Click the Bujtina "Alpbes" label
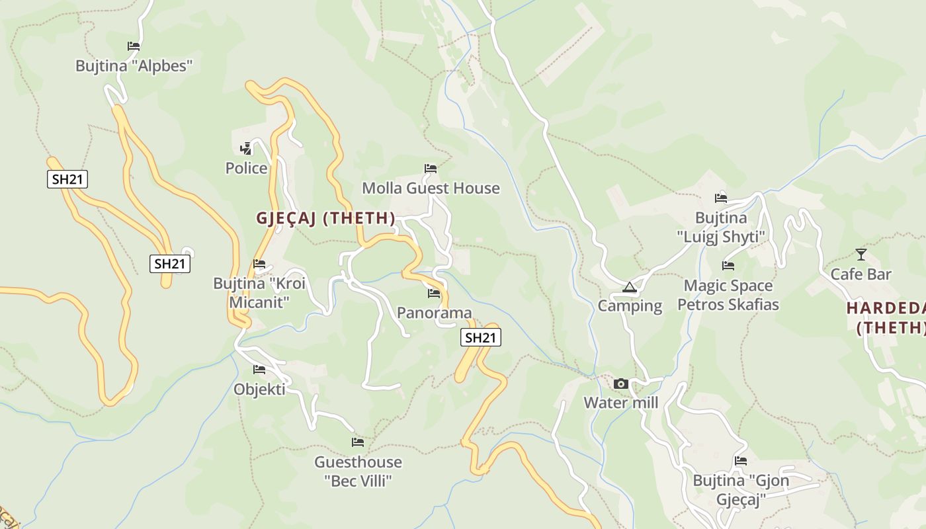pos(134,66)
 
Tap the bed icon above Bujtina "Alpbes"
pos(134,46)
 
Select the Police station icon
pos(246,149)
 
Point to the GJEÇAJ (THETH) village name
pos(325,218)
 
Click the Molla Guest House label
pos(431,188)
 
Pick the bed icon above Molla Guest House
pos(431,169)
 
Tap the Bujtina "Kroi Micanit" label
pos(259,293)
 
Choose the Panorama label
pos(434,313)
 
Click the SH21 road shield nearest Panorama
pos(481,338)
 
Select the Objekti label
pos(259,389)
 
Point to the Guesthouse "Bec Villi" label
pos(358,471)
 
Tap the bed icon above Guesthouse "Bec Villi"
pos(358,442)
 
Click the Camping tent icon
pos(629,287)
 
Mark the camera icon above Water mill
pos(620,384)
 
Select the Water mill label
pos(620,403)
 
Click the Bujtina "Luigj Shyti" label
pos(721,227)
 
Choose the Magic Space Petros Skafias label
pos(728,295)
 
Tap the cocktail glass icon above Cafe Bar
pos(861,255)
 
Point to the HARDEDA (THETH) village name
pos(886,317)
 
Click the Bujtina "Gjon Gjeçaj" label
pos(741,489)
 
